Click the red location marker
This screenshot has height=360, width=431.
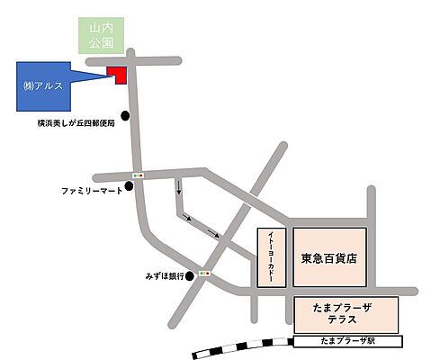point(117,74)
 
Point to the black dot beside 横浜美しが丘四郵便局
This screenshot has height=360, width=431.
point(126,115)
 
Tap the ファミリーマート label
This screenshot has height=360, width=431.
point(91,192)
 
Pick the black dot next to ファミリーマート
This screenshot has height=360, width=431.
point(129,186)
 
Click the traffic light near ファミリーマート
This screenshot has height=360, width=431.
point(139,174)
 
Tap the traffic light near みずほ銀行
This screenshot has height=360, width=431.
point(206,273)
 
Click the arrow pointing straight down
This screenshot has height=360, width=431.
point(178,188)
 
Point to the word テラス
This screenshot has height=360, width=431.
point(346,321)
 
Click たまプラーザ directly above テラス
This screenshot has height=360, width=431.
point(346,308)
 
